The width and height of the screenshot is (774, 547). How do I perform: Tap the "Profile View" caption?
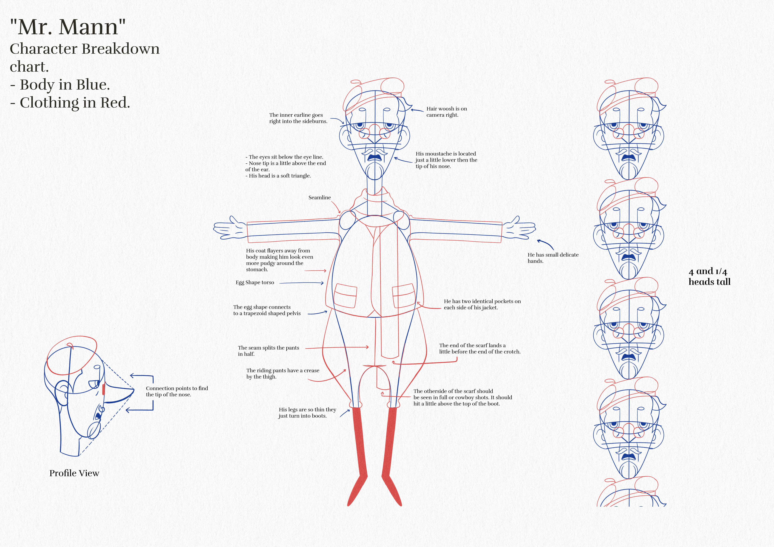[x=74, y=473]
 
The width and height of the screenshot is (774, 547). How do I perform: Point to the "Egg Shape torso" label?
[x=255, y=283]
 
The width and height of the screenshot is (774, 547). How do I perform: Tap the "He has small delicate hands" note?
[x=553, y=258]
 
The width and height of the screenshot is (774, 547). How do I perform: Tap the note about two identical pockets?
[x=482, y=304]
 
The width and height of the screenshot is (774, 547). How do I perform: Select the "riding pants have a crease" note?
[x=282, y=373]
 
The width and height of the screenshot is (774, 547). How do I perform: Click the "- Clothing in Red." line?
[x=70, y=103]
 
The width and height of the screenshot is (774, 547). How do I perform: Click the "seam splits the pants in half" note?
[x=268, y=351]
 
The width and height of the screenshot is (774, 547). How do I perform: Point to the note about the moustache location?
[x=446, y=160]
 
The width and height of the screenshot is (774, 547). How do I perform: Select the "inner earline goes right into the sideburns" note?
[x=298, y=118]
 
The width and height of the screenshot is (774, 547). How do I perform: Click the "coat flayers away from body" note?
[x=279, y=260]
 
